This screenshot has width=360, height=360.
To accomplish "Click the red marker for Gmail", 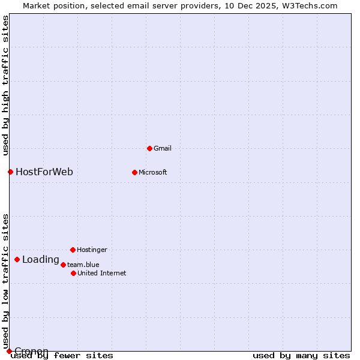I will [149, 148].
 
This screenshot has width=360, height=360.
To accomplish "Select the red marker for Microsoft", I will [134, 172].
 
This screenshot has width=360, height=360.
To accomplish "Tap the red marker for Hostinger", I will [73, 250].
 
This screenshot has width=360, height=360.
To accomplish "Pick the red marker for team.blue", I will [63, 265].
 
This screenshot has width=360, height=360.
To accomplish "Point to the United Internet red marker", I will [73, 273].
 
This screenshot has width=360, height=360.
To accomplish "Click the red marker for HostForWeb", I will [10, 172].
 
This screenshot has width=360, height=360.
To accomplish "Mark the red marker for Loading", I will [17, 260].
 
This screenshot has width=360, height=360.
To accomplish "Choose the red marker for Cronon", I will [9, 351].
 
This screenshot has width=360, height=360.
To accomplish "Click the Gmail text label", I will [163, 148].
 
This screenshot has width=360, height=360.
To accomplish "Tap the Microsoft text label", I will [152, 172].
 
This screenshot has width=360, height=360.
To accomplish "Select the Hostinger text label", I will [92, 250].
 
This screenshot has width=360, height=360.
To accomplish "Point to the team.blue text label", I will [83, 265].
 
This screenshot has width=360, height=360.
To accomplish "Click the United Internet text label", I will [101, 273].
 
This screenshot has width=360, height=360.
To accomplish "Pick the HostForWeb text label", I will [44, 172].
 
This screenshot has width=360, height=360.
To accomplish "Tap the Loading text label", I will [41, 260].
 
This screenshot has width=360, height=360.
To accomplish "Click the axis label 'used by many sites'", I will [301, 355].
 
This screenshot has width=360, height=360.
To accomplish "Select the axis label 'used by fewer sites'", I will [62, 355].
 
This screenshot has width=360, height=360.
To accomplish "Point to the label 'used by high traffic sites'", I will [5, 85].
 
